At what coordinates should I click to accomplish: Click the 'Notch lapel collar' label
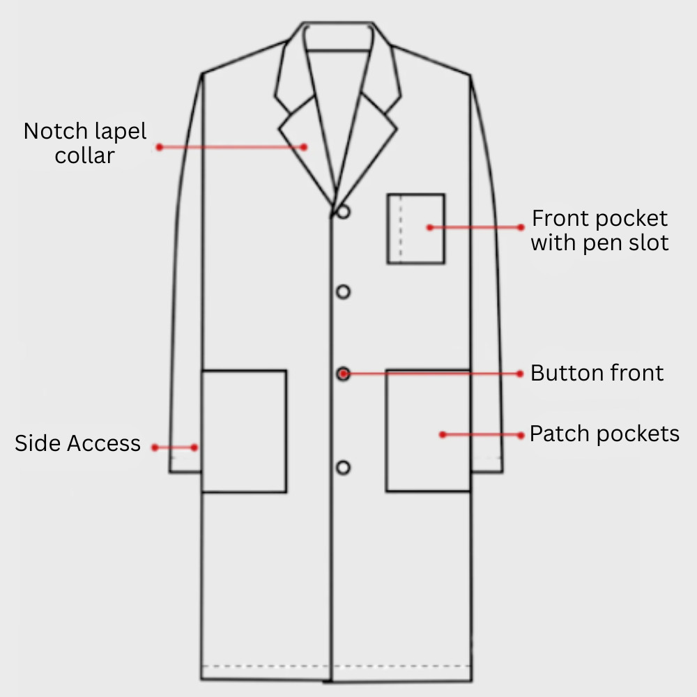85,143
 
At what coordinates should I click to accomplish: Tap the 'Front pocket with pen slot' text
599,230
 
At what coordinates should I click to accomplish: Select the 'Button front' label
597,372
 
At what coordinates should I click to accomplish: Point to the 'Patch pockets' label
604,434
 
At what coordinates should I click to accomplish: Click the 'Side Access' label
78,443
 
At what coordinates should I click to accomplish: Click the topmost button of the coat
343,212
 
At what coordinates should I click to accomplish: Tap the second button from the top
343,292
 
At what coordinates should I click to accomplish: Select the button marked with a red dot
343,374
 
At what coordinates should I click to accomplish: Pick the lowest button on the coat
343,468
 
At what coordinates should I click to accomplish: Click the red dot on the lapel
304,147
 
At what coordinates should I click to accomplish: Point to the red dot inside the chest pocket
430,228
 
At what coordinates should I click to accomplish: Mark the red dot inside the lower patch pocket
443,435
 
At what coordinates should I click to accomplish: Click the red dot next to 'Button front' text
520,374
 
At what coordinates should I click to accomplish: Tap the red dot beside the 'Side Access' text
155,447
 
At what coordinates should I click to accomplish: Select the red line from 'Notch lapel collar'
231,147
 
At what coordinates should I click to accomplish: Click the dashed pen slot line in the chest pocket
401,229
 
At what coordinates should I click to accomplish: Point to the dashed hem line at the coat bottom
336,666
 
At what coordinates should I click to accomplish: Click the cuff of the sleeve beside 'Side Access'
185,464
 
